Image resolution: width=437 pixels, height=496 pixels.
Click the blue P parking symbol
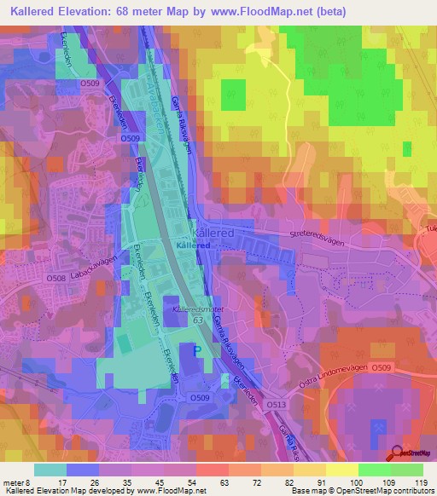tap(198, 350)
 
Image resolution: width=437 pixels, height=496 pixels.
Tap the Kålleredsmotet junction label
tap(198, 309)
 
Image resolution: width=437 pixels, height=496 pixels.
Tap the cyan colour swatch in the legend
tap(50, 470)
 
